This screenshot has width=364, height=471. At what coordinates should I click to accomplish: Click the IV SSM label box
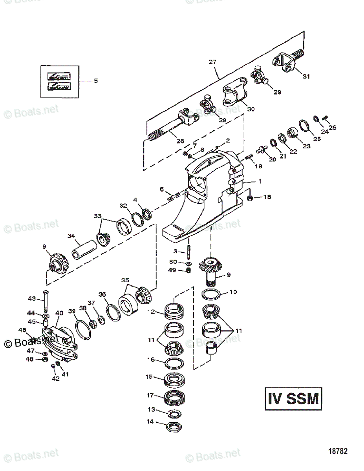click(293, 399)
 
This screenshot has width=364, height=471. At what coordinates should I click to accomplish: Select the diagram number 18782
click(338, 451)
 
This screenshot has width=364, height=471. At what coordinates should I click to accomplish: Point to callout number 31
click(306, 76)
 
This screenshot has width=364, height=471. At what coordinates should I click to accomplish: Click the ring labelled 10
click(210, 294)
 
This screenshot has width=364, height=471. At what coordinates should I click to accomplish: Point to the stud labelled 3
click(188, 252)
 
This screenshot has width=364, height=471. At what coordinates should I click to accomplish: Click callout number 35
click(125, 280)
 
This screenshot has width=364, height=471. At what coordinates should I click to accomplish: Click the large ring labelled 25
click(305, 126)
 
